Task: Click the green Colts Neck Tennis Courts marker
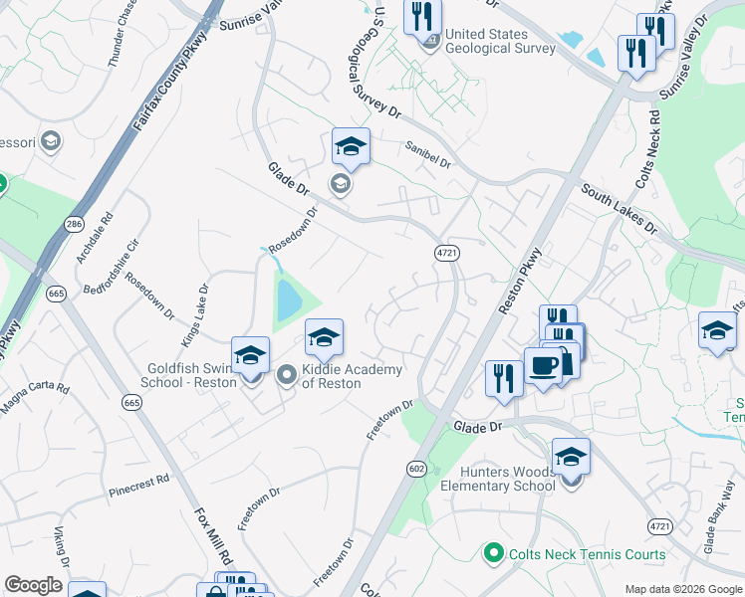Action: (x=492, y=551)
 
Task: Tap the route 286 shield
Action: (x=74, y=226)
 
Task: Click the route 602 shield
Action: (x=416, y=468)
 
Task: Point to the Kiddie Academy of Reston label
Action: (x=352, y=376)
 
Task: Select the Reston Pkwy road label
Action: (x=518, y=282)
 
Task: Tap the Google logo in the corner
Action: (x=32, y=585)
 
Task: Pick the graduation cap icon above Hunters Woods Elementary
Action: (x=571, y=457)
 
